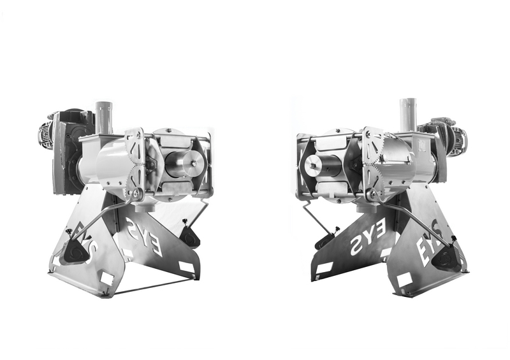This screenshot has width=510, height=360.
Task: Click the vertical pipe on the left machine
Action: click(104, 118)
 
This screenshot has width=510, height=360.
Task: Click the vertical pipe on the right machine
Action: click(408, 115)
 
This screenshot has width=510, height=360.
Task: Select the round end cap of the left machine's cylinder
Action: click(193, 164)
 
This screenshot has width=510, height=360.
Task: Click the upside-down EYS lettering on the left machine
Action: click(144, 236)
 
